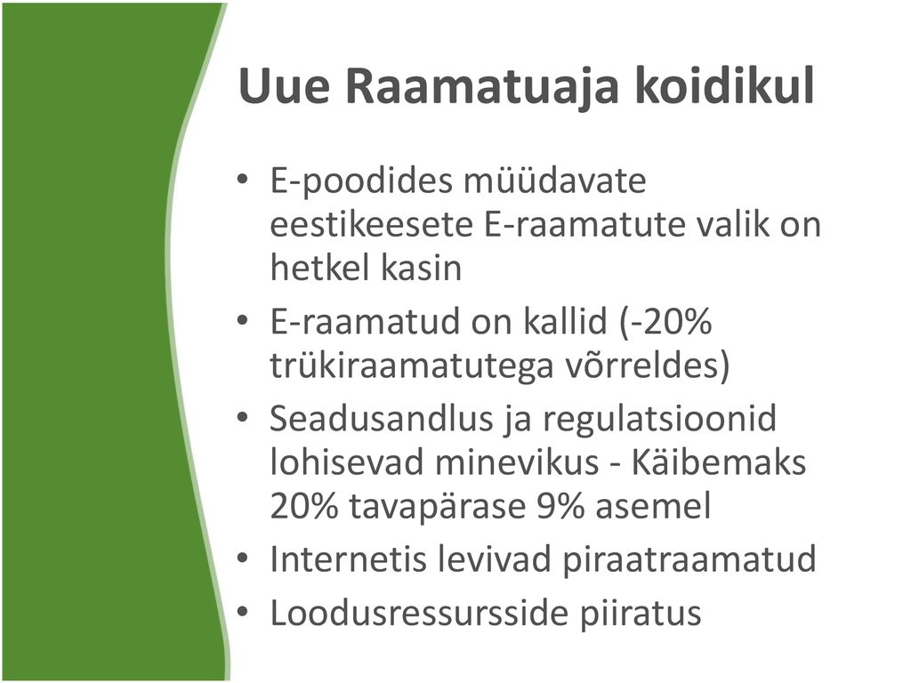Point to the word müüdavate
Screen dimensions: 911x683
click(555, 181)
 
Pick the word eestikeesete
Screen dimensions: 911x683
click(372, 225)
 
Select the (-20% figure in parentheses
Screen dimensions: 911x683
click(665, 322)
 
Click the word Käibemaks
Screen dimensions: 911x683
click(718, 462)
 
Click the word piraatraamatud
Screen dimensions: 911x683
click(689, 560)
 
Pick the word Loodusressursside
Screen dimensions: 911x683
click(419, 614)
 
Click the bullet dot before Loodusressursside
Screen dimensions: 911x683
click(243, 612)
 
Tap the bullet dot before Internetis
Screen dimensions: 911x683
click(243, 558)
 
